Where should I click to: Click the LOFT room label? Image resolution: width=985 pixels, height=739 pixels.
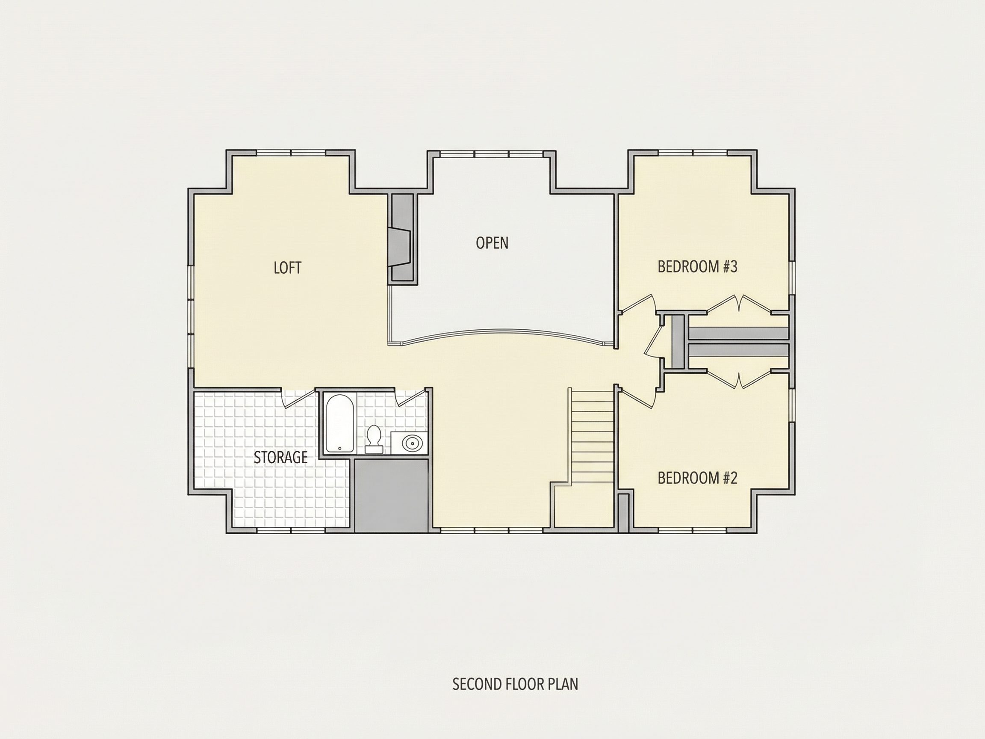tap(287, 268)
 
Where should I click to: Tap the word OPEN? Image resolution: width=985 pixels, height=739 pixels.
tap(492, 243)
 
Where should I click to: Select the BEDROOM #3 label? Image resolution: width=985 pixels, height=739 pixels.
tap(697, 266)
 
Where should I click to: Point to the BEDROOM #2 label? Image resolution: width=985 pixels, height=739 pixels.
tap(697, 478)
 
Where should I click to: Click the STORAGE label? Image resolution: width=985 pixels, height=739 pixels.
tap(280, 458)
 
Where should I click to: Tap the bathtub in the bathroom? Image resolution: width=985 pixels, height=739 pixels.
tap(340, 424)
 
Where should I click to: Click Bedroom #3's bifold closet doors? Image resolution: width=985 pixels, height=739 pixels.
tap(739, 304)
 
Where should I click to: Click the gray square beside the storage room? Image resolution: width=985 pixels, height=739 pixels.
tap(391, 495)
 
